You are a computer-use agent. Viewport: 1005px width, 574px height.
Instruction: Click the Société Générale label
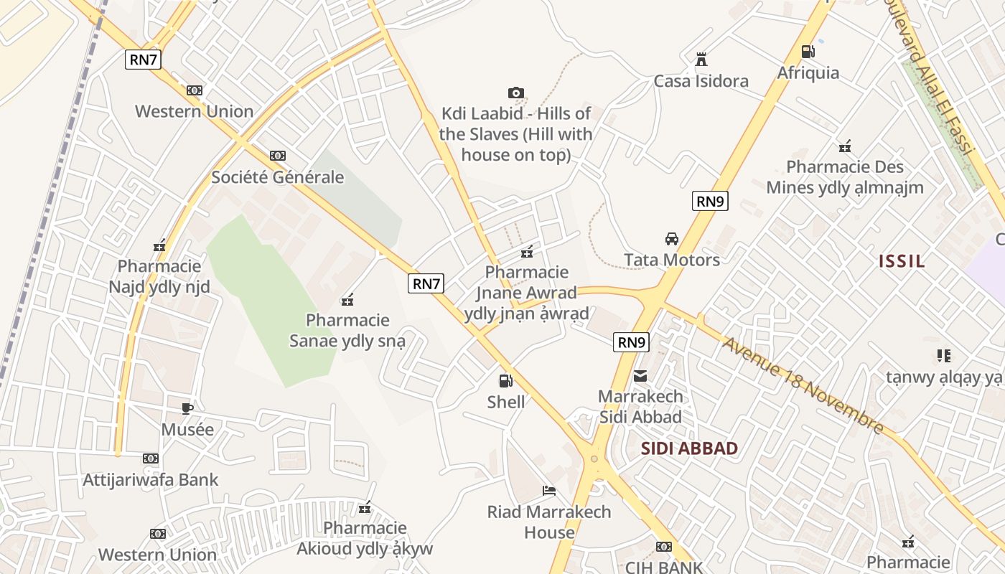(x=278, y=177)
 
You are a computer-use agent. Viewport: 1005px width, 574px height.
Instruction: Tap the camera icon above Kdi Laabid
(x=515, y=93)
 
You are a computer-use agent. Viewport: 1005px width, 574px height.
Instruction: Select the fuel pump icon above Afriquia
(x=808, y=52)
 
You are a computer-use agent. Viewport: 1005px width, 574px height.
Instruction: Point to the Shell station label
(x=506, y=402)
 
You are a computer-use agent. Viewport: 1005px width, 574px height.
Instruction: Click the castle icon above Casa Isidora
(x=701, y=60)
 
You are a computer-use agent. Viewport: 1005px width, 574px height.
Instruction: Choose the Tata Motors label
(x=672, y=260)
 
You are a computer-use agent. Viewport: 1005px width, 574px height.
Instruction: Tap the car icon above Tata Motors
(x=672, y=239)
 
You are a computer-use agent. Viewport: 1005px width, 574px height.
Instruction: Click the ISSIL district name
(x=902, y=261)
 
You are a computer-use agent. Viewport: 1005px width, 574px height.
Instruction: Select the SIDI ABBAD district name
(x=689, y=448)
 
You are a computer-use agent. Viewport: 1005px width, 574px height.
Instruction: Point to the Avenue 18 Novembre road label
(x=803, y=385)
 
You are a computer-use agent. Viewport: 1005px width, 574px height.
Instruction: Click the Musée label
(x=187, y=430)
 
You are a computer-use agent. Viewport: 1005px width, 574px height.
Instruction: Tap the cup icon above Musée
(x=187, y=409)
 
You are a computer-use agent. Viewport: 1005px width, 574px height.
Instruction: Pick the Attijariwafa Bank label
(x=151, y=479)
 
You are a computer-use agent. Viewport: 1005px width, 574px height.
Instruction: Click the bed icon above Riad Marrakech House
(x=549, y=491)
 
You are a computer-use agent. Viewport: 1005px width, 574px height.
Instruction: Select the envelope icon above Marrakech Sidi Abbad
(x=640, y=375)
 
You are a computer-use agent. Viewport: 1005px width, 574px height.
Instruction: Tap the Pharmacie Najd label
(x=159, y=277)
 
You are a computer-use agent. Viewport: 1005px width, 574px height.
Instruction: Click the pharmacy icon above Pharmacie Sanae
(x=347, y=299)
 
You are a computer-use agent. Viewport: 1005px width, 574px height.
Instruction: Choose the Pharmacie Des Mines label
(x=845, y=177)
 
